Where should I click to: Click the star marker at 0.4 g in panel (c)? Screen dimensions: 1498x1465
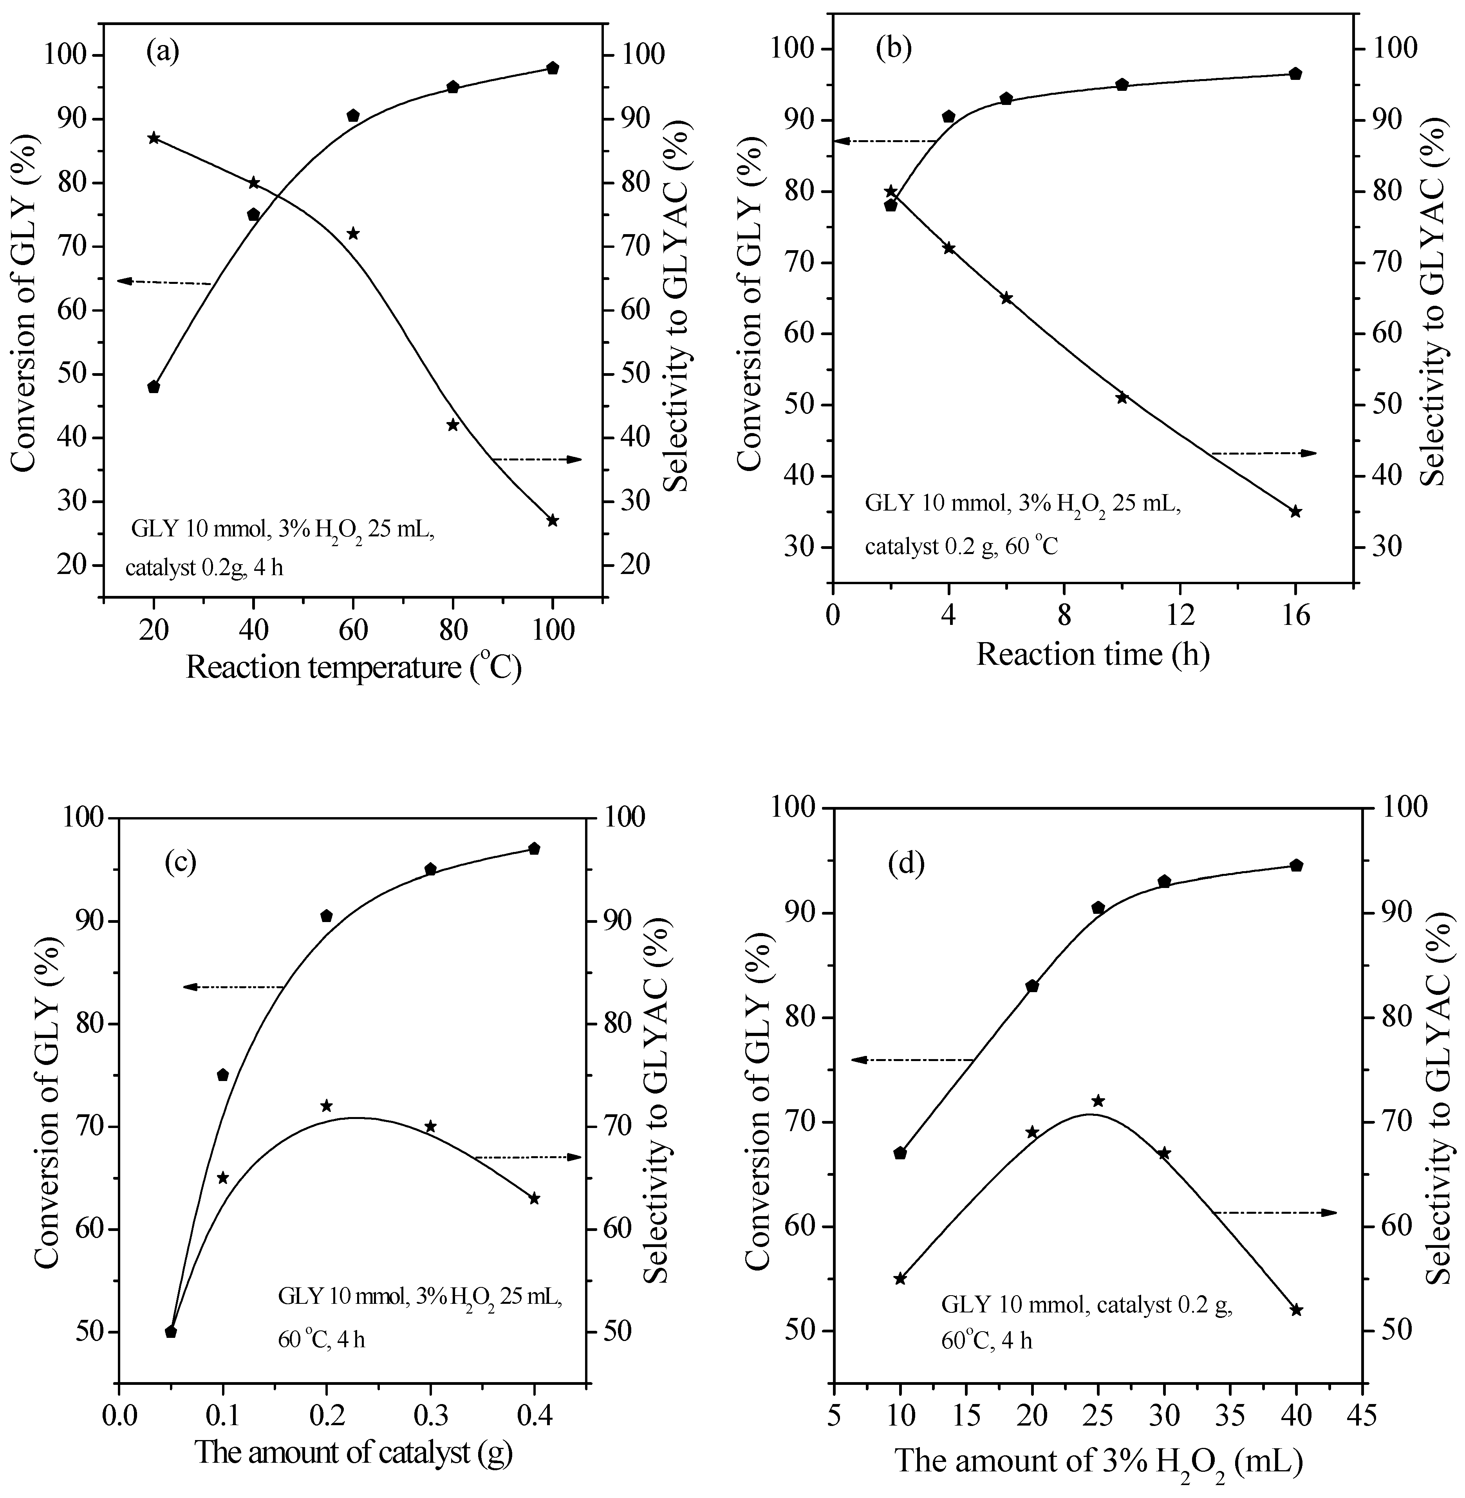pyautogui.click(x=534, y=1198)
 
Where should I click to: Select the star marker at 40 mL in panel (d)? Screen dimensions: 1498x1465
pyautogui.click(x=1296, y=1310)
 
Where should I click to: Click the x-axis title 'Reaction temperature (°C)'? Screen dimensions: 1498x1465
pyautogui.click(x=353, y=667)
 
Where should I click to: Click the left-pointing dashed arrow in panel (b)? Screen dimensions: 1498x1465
pyautogui.click(x=885, y=141)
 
